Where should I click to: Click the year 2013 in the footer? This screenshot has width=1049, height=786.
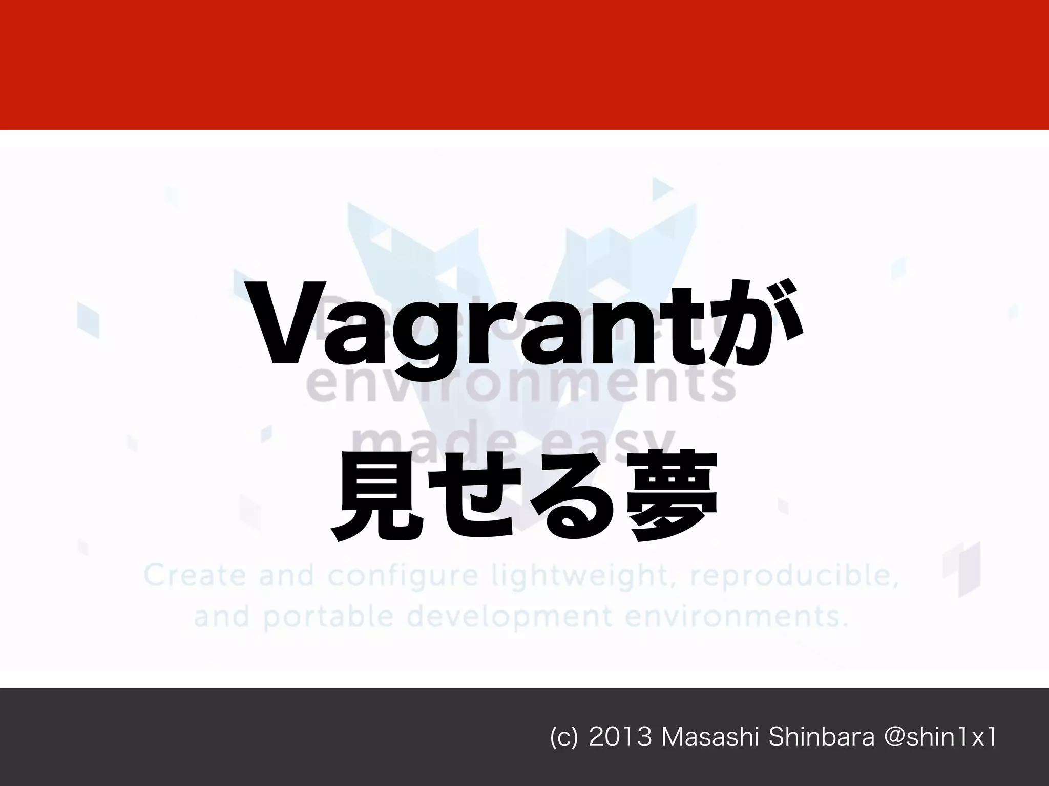click(620, 737)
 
